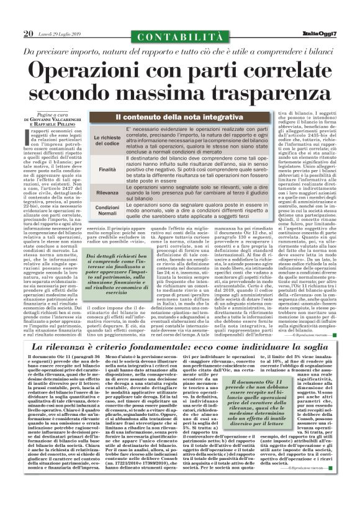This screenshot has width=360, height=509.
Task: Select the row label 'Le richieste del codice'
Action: pos(89,140)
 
